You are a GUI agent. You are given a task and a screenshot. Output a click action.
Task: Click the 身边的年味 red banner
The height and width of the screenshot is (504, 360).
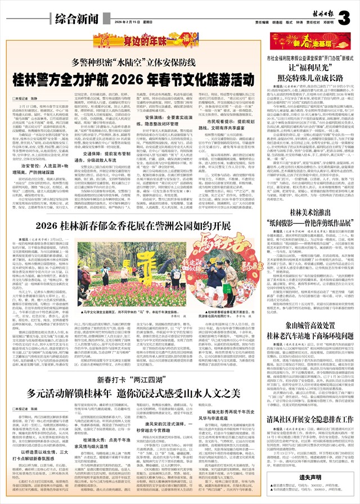(127, 40)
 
